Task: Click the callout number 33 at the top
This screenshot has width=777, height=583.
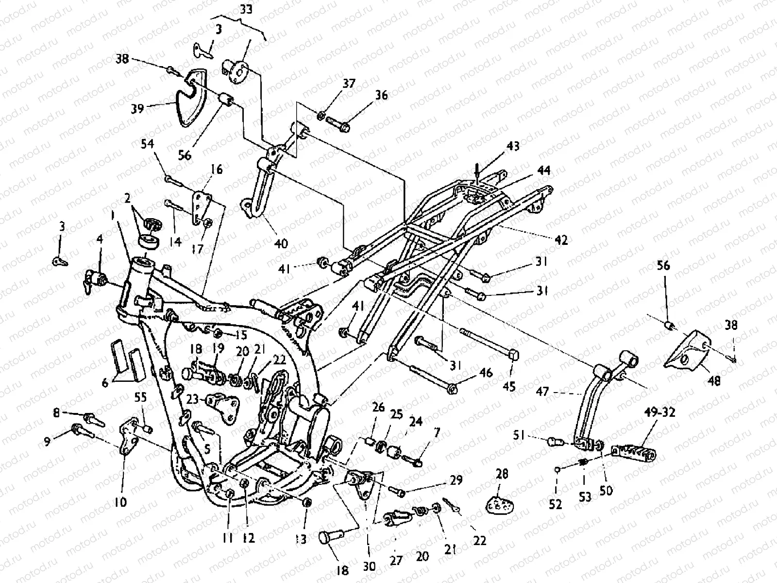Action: point(246,9)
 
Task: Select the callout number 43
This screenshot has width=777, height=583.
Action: point(513,146)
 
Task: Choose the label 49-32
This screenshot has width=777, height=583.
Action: point(659,412)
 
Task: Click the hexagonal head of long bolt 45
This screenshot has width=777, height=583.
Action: point(513,355)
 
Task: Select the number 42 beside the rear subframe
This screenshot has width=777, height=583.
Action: point(561,240)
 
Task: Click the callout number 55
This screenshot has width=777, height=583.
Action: point(140,397)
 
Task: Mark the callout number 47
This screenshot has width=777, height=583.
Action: point(542,392)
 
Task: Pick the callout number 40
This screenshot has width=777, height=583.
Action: point(281,243)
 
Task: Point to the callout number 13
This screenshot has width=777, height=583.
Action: point(301,539)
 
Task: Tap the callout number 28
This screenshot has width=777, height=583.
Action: point(502,474)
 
